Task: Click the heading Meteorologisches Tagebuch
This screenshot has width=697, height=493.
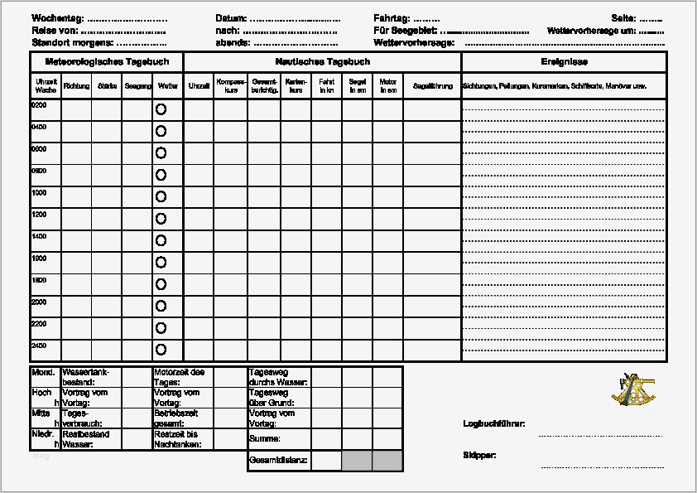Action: coord(106,62)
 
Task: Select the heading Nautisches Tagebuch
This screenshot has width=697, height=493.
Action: coord(322,62)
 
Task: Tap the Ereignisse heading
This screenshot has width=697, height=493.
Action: coord(564,62)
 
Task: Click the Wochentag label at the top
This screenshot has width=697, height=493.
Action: coord(58,17)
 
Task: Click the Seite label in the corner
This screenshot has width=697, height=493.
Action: coord(622,17)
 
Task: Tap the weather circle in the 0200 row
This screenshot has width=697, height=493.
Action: coord(161,109)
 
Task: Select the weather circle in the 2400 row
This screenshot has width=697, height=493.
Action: coord(161,350)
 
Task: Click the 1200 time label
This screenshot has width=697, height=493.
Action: coord(39,214)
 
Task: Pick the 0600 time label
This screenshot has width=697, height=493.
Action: coord(39,149)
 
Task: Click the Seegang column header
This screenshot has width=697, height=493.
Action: coord(137,85)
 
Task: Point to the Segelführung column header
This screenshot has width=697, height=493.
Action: coord(433,85)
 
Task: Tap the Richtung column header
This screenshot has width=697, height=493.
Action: coord(76,85)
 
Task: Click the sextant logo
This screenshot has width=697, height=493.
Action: coord(632,389)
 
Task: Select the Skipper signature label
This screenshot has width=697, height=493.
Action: coord(479,456)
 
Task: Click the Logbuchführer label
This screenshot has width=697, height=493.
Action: coord(493,423)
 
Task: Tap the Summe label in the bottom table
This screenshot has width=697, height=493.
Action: coord(264,438)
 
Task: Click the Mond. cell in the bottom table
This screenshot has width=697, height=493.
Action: coord(43,373)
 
